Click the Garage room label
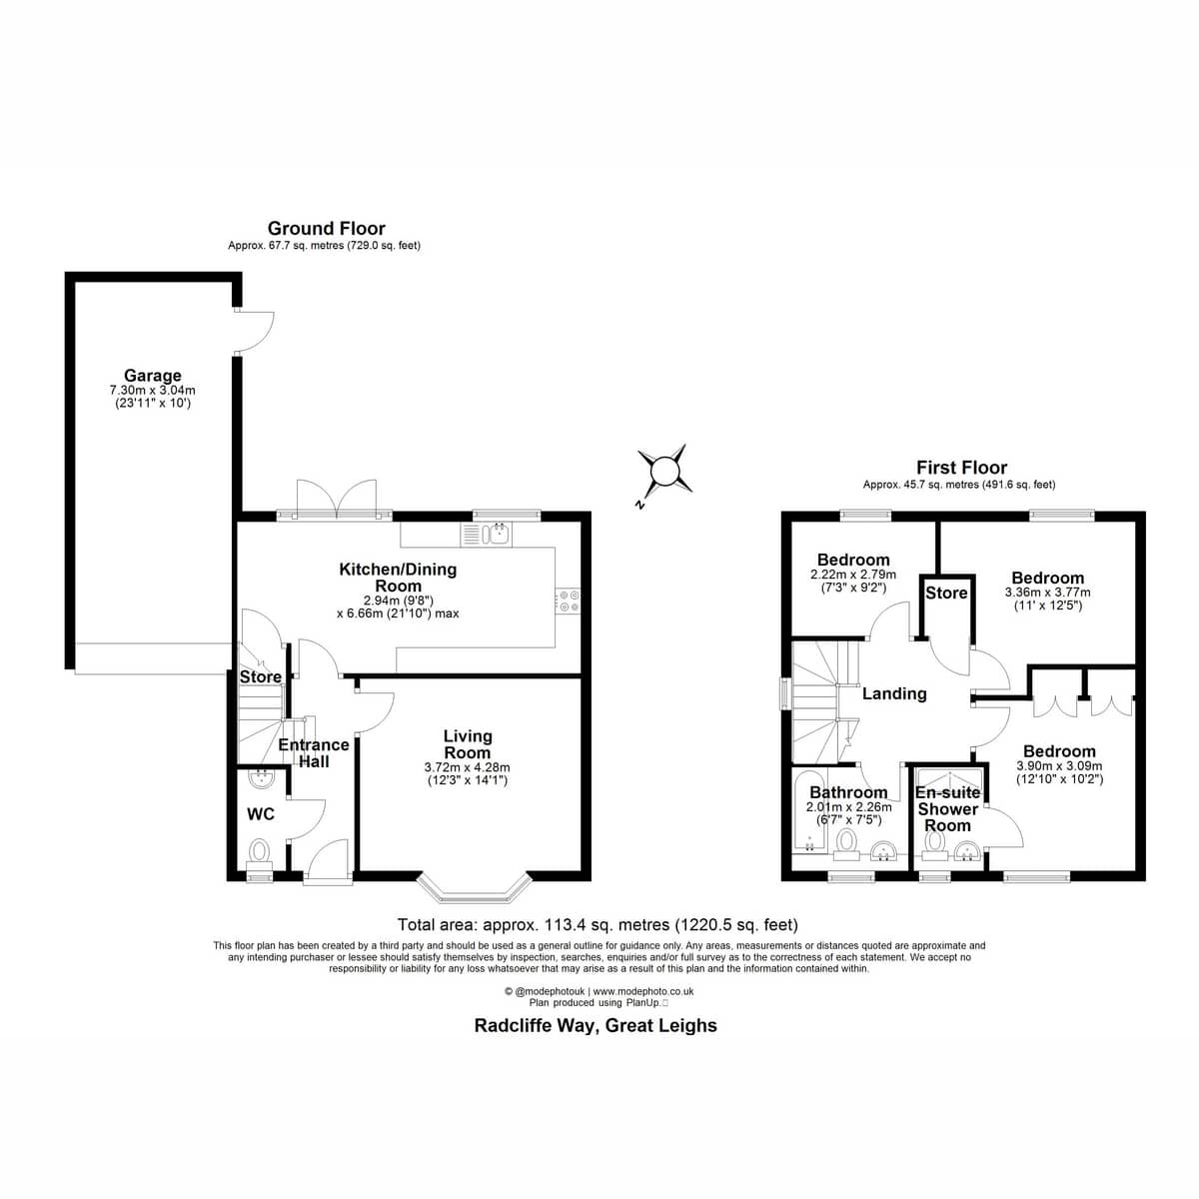coord(153,376)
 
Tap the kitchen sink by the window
coord(486,535)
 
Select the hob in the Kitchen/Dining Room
coord(569,601)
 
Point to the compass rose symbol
coord(663,471)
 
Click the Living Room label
coord(468,744)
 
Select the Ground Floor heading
coord(326,229)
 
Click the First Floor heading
coord(961,468)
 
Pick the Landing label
coord(894,693)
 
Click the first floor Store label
coord(946,593)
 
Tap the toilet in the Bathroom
coord(845,844)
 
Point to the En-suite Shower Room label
coord(947,809)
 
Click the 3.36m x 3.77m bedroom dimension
coord(1047,593)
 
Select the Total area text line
coord(598,924)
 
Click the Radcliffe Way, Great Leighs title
coord(596,1025)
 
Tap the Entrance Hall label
coord(313,753)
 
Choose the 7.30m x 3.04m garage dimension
coord(153,391)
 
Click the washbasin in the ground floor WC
coord(260,778)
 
